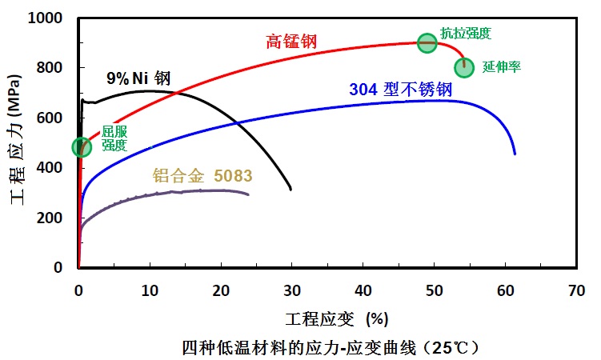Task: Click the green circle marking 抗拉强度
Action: tap(427, 43)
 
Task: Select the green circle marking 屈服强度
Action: tap(81, 146)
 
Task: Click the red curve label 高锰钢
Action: tap(291, 41)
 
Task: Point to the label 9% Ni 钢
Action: tap(139, 78)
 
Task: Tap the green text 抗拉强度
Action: tap(465, 34)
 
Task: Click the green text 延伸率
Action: tap(502, 67)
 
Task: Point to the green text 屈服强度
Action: tap(114, 138)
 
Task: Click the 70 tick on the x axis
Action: tap(575, 290)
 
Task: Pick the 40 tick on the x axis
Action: tap(363, 290)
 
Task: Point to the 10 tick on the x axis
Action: tap(149, 290)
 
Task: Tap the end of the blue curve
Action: tap(515, 153)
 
